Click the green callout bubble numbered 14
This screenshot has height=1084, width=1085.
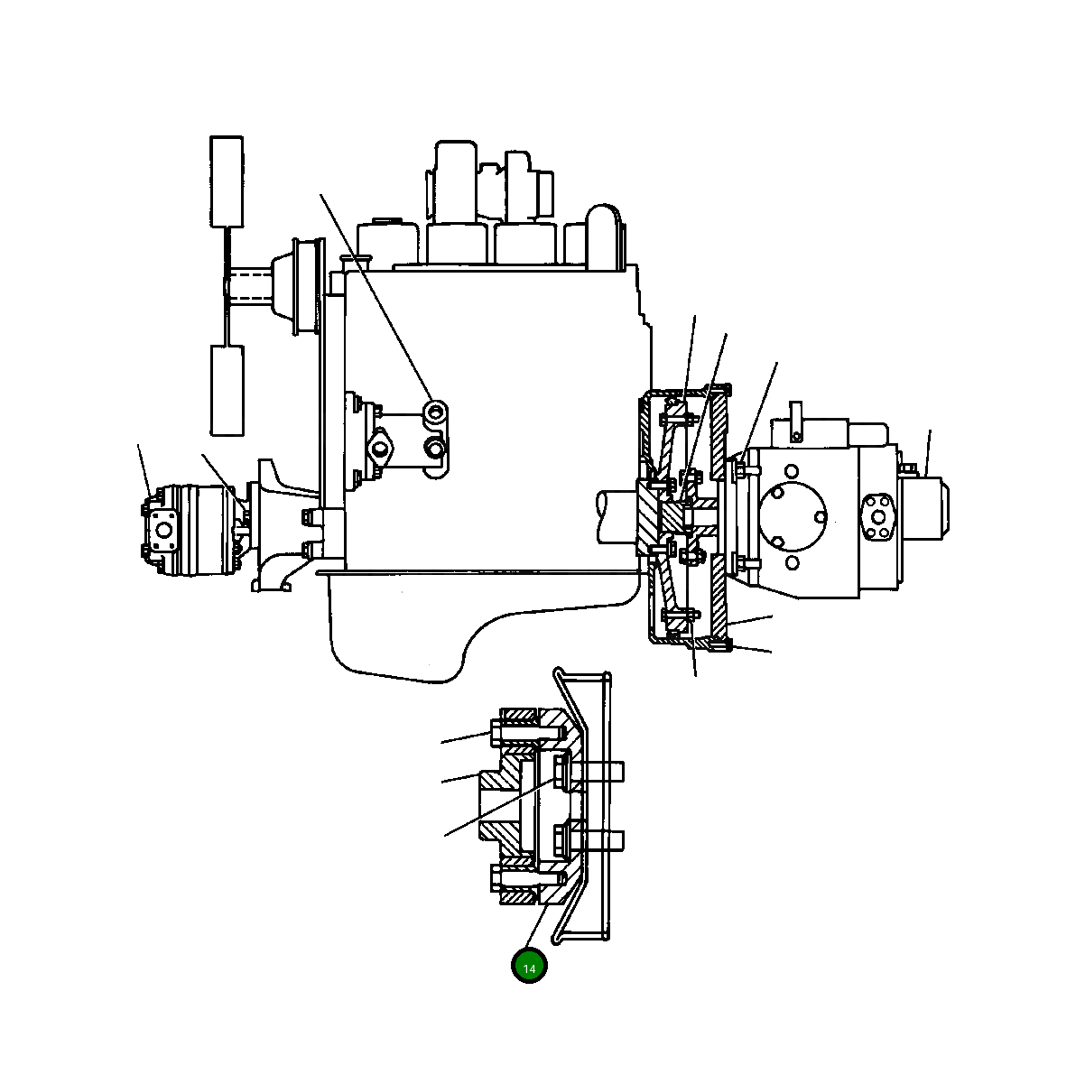tap(529, 967)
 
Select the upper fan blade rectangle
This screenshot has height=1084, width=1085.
tap(227, 181)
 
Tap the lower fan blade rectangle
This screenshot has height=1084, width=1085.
tap(227, 389)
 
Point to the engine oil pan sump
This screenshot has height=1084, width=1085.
tap(397, 632)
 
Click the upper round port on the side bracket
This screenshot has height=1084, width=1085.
tap(437, 413)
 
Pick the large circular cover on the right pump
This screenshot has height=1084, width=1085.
tap(792, 516)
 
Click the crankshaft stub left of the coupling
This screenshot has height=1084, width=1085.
tap(618, 516)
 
